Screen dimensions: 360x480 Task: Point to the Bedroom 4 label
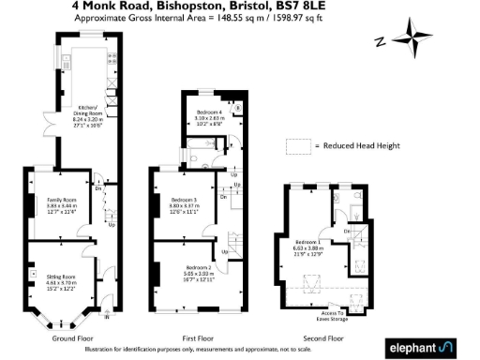click(x=209, y=112)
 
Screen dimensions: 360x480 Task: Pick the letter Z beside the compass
click(x=379, y=40)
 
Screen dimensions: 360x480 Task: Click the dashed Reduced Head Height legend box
click(x=298, y=146)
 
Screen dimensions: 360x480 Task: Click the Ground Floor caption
click(x=71, y=338)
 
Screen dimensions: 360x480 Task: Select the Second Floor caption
click(x=322, y=338)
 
